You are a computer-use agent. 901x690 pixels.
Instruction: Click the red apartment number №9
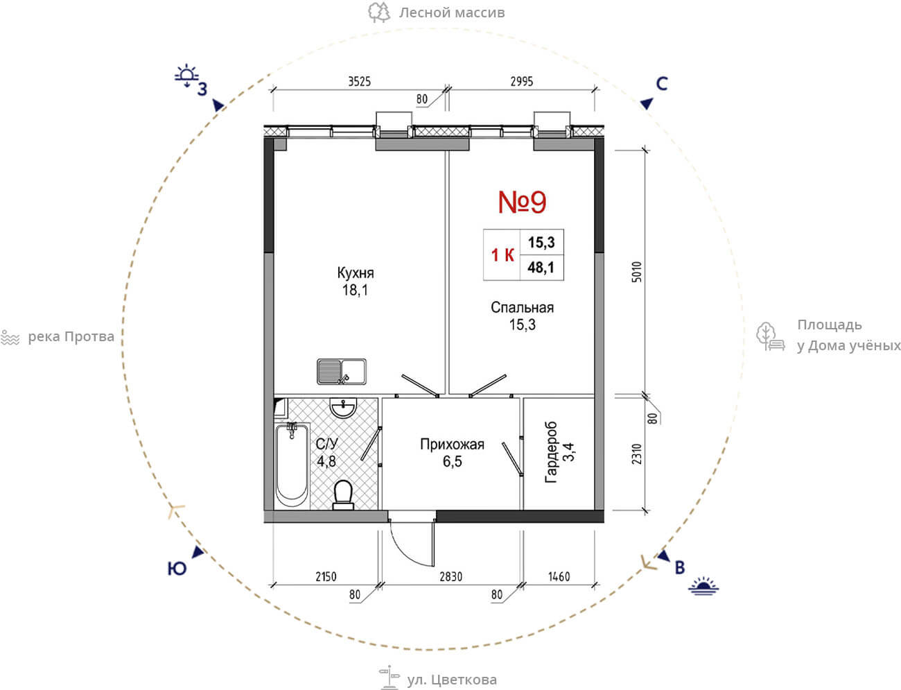(x=522, y=202)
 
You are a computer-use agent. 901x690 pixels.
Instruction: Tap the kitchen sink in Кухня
(x=341, y=372)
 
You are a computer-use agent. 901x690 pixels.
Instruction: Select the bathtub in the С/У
(x=292, y=465)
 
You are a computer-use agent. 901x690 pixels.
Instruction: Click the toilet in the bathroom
(x=343, y=494)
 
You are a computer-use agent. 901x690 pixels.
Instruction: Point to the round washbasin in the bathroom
(x=343, y=408)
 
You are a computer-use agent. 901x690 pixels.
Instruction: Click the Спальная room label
(x=522, y=308)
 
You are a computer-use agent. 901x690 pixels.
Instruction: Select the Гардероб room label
(x=551, y=451)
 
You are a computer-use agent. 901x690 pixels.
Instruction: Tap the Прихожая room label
(x=452, y=445)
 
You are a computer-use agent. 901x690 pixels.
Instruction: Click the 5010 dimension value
(x=636, y=272)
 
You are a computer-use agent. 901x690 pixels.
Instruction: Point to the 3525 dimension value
(x=359, y=81)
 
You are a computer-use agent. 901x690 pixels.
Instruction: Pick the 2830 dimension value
(x=450, y=577)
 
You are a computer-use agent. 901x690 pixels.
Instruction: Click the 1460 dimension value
(x=559, y=577)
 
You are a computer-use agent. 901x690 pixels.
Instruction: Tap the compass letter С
(x=662, y=84)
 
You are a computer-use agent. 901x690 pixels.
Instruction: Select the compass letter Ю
(x=177, y=569)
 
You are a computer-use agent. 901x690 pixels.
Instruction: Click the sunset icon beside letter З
(x=186, y=75)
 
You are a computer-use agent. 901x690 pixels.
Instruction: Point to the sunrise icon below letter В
(x=703, y=586)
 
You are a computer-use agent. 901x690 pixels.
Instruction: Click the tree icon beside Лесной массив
(x=378, y=12)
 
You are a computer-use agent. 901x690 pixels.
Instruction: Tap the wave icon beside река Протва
(x=10, y=338)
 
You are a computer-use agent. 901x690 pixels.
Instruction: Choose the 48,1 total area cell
(x=541, y=268)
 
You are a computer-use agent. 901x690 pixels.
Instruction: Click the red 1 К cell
(x=502, y=255)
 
